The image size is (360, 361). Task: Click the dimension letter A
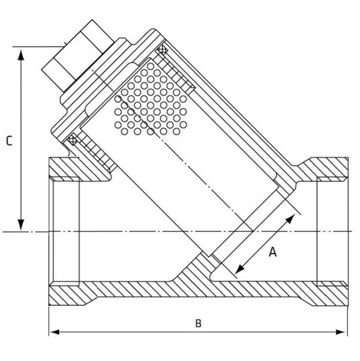[272, 252]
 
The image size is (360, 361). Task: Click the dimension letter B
[198, 323]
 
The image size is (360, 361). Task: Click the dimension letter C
[9, 141]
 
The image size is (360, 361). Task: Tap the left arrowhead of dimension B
[55, 332]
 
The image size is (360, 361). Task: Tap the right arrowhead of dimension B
[341, 332]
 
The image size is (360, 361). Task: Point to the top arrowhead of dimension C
[21, 55]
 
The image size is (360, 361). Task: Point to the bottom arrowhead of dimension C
[21, 225]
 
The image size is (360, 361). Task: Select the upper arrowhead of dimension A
[290, 219]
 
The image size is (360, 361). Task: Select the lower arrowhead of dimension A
[239, 269]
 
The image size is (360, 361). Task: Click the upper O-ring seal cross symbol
[162, 49]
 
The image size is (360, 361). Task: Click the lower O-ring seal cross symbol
[72, 140]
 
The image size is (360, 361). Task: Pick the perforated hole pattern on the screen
[151, 99]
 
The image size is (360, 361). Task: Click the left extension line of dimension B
[49, 321]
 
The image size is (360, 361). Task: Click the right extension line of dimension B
[348, 321]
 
